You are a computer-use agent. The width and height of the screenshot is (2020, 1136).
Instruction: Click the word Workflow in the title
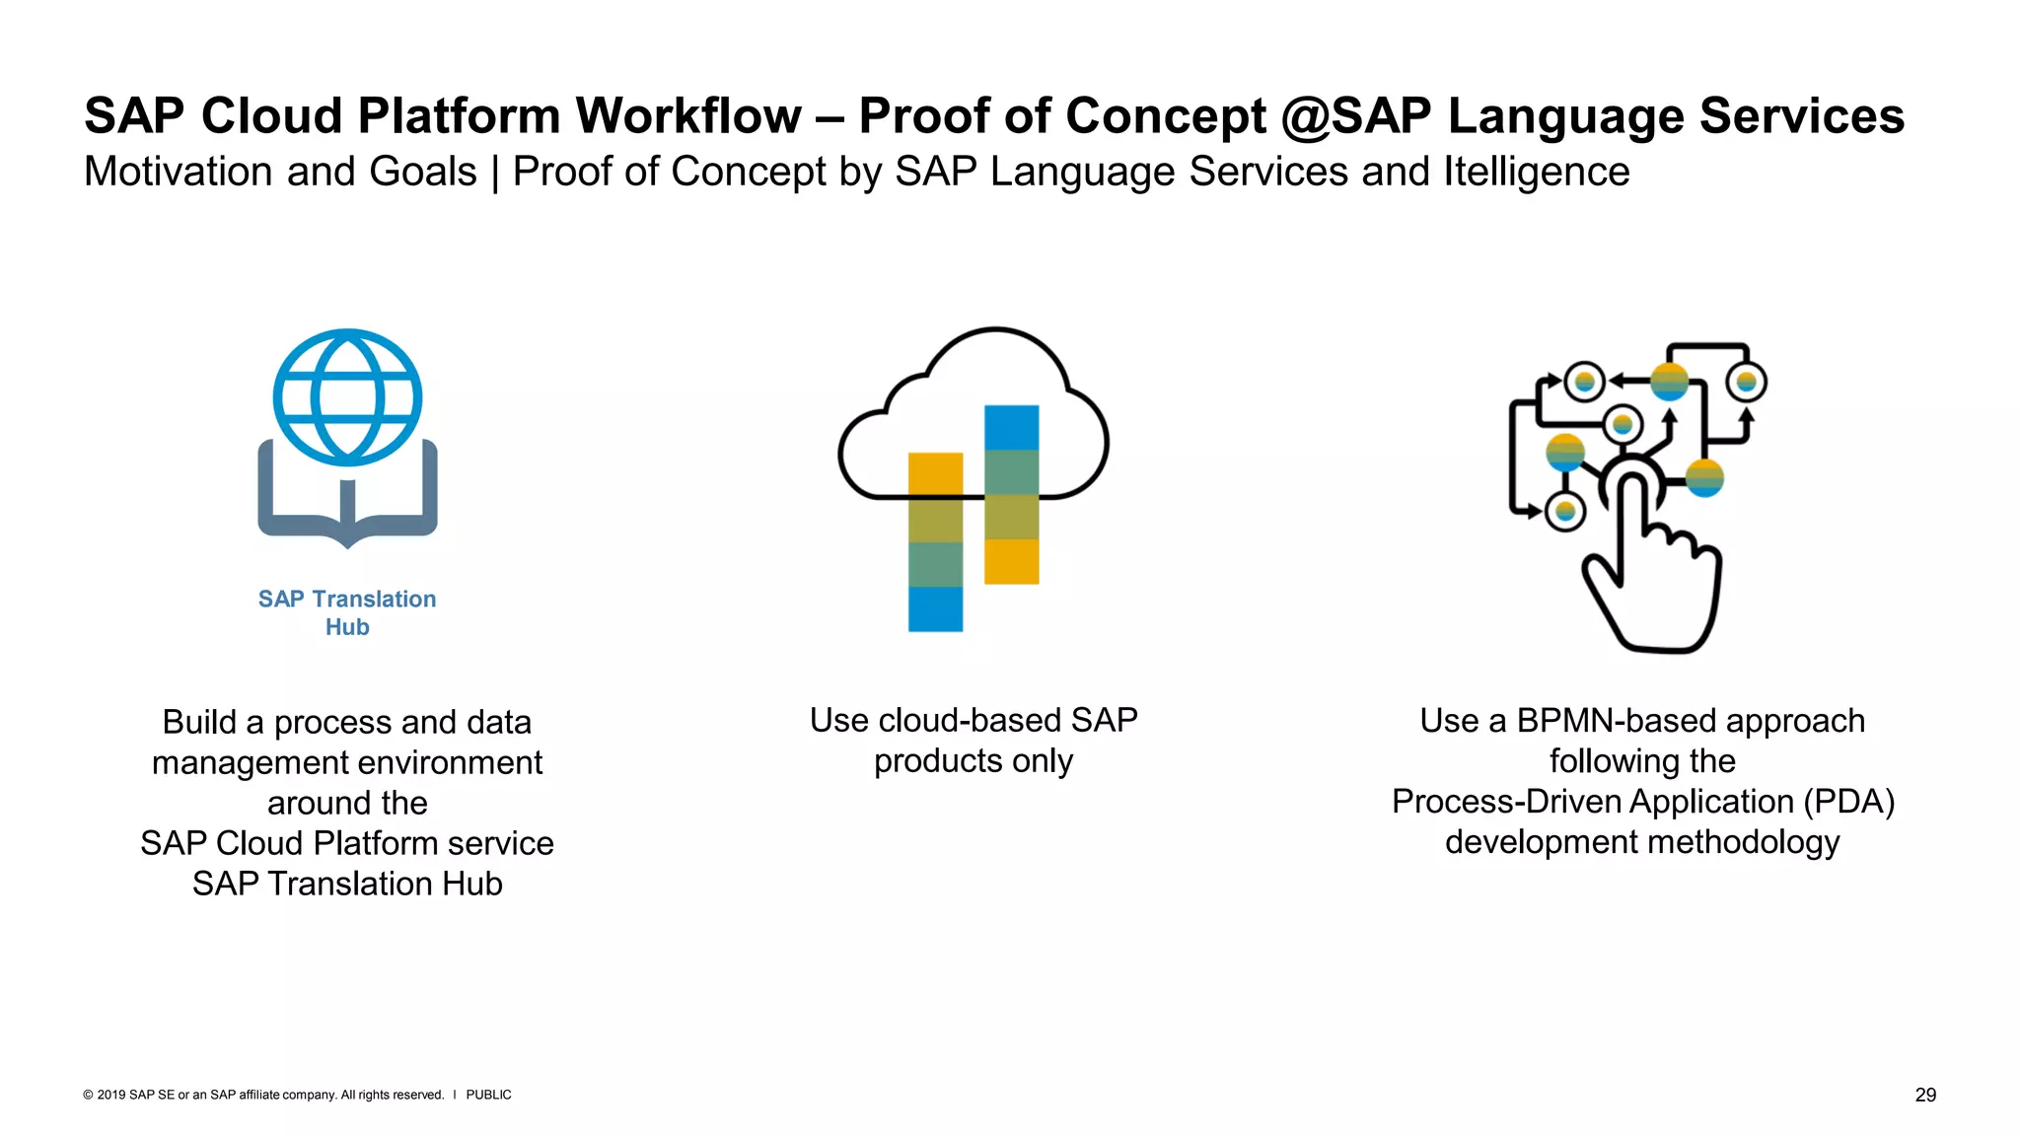coord(688,116)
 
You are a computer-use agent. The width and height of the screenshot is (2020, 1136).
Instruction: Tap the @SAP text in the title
coord(1355,116)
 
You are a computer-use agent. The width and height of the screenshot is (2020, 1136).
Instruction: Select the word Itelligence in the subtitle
coord(1536,172)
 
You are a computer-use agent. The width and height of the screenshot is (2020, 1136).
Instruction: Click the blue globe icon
coord(347,397)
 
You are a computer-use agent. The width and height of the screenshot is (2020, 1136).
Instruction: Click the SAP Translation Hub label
coord(347,612)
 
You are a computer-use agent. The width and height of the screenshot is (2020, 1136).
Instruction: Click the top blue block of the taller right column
coord(1011,427)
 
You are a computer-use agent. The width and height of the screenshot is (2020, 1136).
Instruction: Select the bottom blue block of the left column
coord(935,608)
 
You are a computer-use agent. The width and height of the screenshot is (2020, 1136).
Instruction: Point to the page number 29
coord(1925,1095)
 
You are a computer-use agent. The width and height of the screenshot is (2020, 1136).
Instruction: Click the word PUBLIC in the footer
coord(488,1095)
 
